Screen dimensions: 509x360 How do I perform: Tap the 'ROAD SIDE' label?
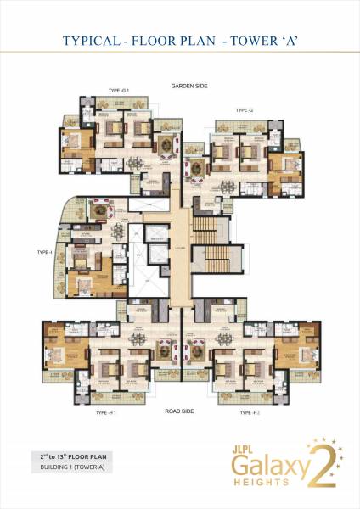pyautogui.click(x=181, y=410)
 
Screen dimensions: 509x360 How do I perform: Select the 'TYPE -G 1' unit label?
pyautogui.click(x=119, y=89)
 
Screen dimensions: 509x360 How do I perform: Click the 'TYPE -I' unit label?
pyautogui.click(x=45, y=252)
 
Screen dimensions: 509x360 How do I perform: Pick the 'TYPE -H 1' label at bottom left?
pyautogui.click(x=105, y=412)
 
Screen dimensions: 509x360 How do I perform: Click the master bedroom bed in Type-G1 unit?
pyautogui.click(x=75, y=141)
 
